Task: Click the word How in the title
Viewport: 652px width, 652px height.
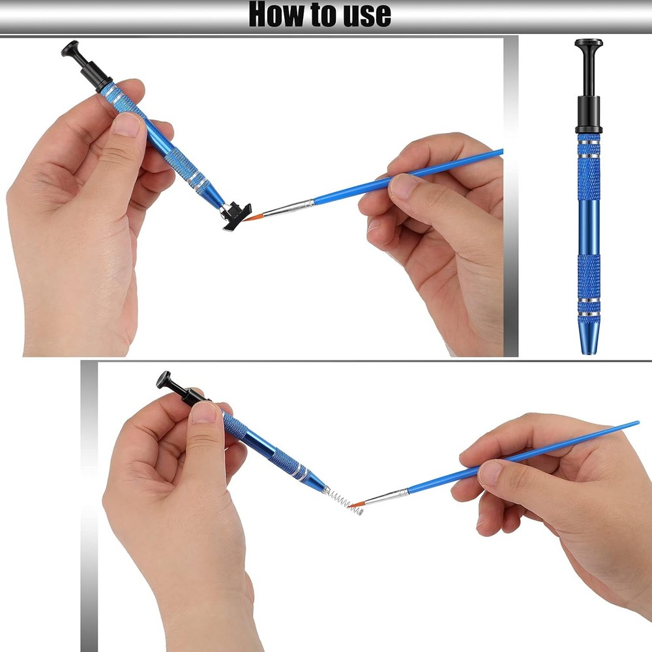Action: coord(276,14)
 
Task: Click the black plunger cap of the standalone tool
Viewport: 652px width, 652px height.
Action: coord(588,45)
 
